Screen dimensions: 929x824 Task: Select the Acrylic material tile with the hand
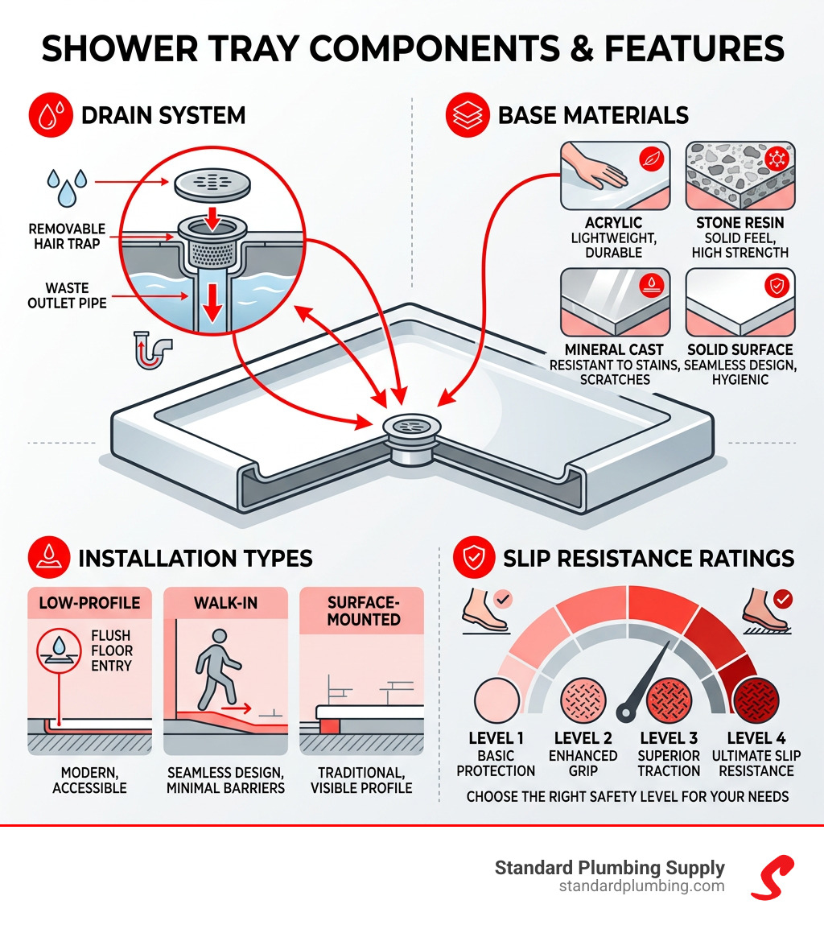(x=616, y=175)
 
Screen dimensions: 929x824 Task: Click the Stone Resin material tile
(x=740, y=175)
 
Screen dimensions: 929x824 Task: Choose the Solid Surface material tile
(x=740, y=302)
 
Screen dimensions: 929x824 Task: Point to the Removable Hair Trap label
(x=68, y=236)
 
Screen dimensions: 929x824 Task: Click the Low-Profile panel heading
(x=89, y=603)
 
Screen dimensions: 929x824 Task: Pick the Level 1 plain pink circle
(x=497, y=699)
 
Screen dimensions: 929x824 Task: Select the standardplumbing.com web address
(x=641, y=886)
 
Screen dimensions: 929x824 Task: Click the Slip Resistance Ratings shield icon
(x=475, y=557)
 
